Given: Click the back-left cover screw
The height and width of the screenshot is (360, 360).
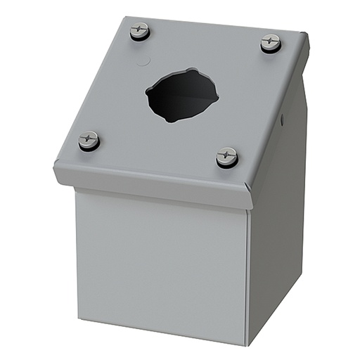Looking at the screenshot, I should tap(140, 32).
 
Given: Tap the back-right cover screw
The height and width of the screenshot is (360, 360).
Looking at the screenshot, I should tap(271, 43).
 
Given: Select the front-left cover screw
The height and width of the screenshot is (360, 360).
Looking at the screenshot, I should tap(89, 140).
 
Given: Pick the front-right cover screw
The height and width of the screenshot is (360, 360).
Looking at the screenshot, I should tap(227, 156).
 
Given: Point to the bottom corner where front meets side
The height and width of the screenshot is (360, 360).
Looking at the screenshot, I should tap(247, 345).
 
